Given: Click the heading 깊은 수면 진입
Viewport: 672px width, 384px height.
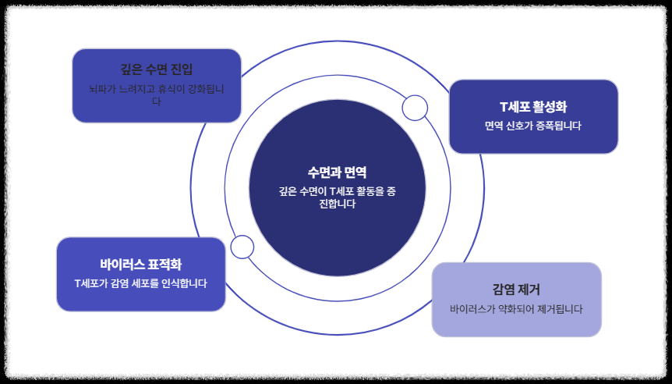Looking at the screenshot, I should pyautogui.click(x=157, y=69).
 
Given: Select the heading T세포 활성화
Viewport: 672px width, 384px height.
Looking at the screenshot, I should pyautogui.click(x=533, y=107).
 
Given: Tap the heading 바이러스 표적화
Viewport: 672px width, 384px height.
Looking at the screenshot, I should pyautogui.click(x=141, y=264).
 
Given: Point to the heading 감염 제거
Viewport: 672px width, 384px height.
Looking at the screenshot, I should pyautogui.click(x=516, y=289).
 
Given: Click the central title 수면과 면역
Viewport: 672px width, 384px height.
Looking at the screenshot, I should pyautogui.click(x=337, y=172).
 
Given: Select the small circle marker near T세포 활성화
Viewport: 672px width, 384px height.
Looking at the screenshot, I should pyautogui.click(x=415, y=108).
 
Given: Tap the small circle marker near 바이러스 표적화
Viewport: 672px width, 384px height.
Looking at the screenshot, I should pyautogui.click(x=242, y=247).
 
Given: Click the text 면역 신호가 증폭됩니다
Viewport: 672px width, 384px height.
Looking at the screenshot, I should pyautogui.click(x=533, y=126).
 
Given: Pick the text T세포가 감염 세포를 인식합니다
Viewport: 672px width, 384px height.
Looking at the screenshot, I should pyautogui.click(x=141, y=283).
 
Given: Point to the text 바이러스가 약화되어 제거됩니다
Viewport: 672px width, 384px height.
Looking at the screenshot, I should pyautogui.click(x=516, y=308).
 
